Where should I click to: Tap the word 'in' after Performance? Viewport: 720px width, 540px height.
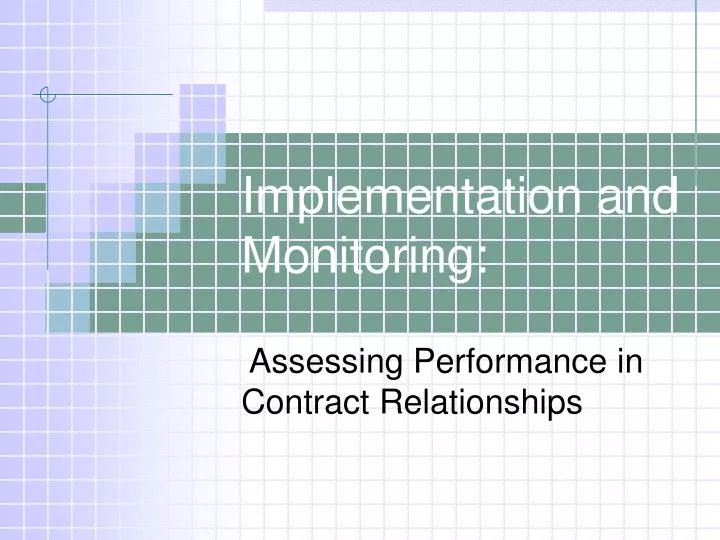tap(630, 360)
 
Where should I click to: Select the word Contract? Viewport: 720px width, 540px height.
tap(305, 402)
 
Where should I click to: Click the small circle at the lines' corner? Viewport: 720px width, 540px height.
tap(47, 96)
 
